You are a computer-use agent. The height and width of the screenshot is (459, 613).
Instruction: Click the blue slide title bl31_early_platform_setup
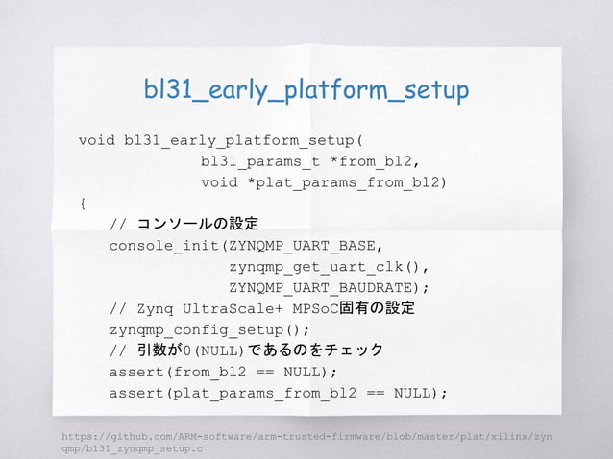tap(306, 90)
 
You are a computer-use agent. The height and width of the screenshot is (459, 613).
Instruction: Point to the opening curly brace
tap(83, 204)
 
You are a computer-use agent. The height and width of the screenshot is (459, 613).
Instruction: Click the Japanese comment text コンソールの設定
tap(198, 225)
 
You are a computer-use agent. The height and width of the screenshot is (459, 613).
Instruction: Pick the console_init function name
tap(161, 246)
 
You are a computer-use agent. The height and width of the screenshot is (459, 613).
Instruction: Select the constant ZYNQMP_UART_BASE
tap(304, 246)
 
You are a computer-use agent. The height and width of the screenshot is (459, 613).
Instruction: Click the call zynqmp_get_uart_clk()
tap(327, 267)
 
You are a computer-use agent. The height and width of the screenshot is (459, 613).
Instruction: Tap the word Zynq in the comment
tap(157, 309)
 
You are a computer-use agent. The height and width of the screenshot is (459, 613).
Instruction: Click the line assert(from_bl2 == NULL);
tap(223, 373)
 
